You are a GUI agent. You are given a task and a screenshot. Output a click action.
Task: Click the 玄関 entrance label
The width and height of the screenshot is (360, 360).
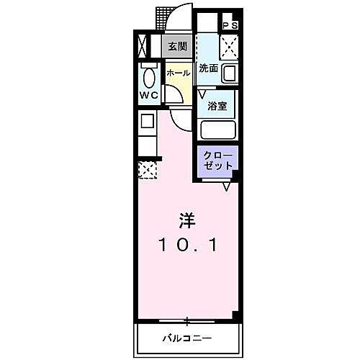click(x=177, y=47)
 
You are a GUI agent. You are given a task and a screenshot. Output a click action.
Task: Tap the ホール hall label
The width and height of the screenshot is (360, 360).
click(x=179, y=73)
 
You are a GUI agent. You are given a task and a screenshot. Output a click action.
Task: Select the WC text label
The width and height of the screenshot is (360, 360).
click(x=149, y=96)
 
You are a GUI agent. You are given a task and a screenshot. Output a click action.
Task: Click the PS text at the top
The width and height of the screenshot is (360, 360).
click(x=230, y=26)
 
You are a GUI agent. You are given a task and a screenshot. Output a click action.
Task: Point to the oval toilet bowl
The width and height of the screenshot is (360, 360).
click(x=150, y=77)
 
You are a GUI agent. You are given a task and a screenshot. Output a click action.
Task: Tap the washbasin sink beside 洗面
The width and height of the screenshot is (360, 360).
click(x=230, y=73)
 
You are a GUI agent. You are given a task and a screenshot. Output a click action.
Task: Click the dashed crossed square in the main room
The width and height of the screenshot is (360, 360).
click(x=147, y=170)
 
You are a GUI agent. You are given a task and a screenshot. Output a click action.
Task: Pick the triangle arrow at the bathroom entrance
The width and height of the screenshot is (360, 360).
click(x=202, y=93)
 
